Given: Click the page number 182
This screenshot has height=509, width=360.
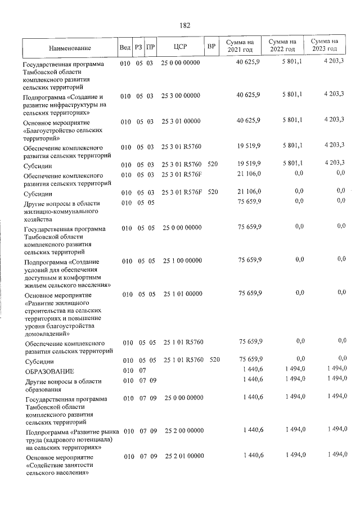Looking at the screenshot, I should coord(184,25).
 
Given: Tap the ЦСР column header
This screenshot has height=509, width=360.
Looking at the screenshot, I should coord(180,47).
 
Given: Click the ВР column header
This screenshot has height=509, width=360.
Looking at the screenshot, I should coord(211,47).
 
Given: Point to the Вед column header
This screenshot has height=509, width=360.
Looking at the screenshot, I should coord(125,47).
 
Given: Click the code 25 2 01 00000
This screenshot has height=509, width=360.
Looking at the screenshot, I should coord(184,456).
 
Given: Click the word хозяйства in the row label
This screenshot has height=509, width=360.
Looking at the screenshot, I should coord(38,220).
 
